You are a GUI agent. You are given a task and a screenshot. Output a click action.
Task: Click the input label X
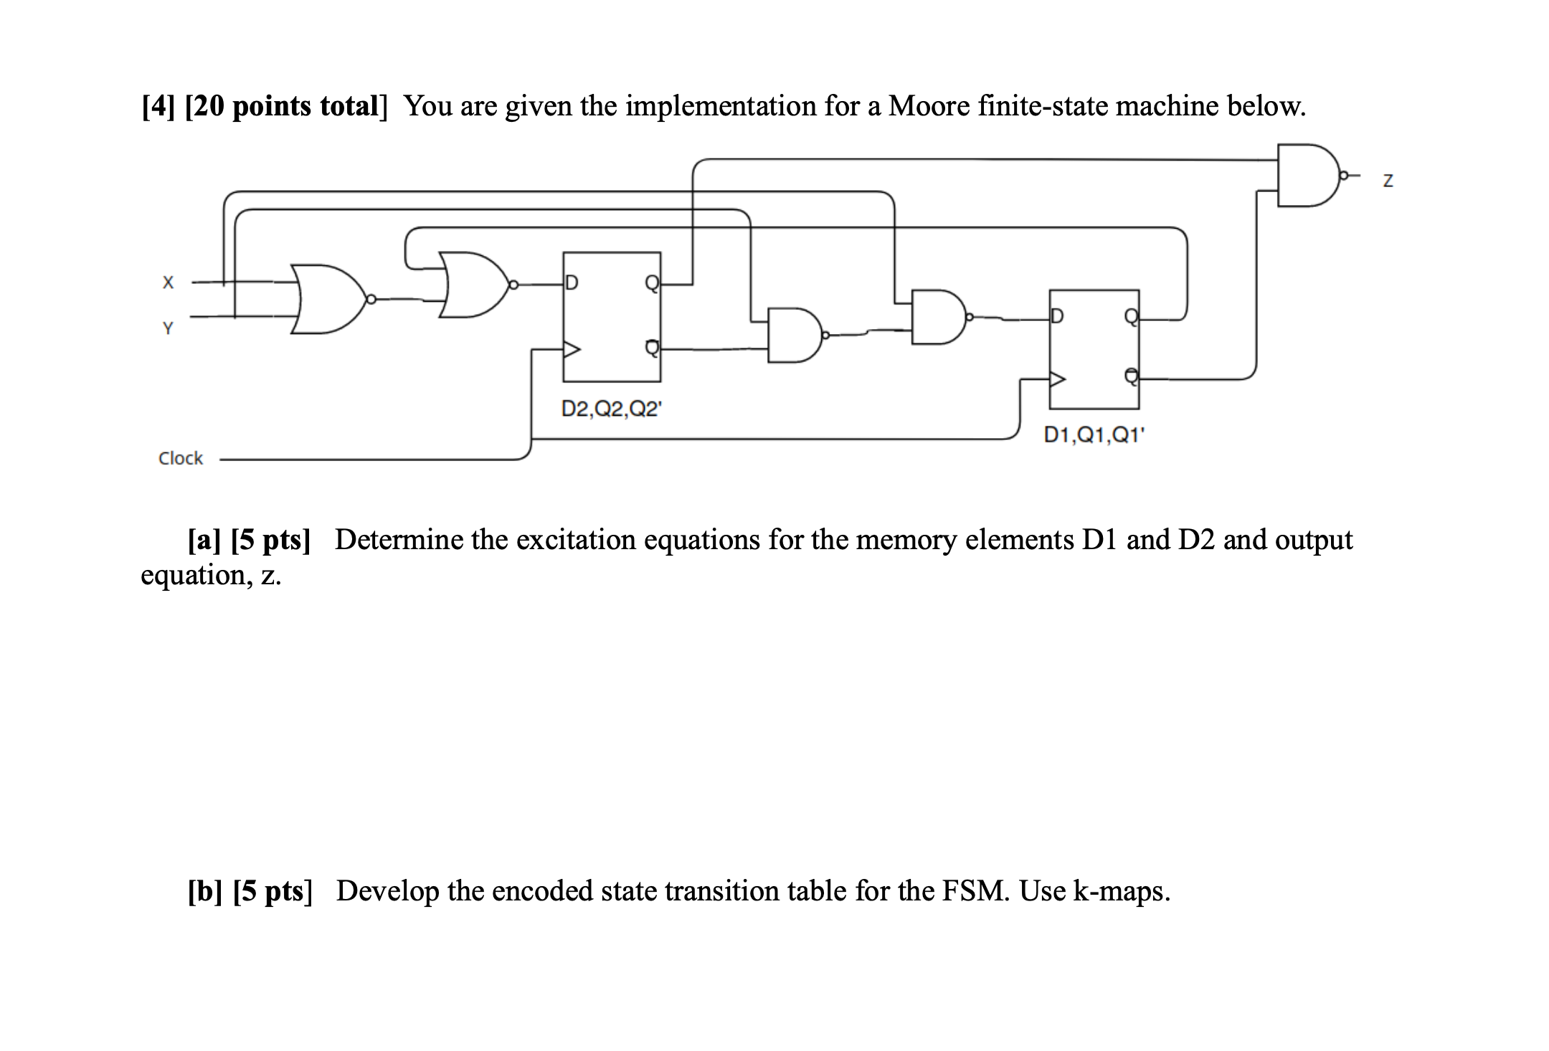[168, 282]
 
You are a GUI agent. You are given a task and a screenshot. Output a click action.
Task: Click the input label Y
[168, 329]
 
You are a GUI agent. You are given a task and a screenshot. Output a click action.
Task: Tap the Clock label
[181, 458]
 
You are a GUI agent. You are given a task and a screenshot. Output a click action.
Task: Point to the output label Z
[1388, 181]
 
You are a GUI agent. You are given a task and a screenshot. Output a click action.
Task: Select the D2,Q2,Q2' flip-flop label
[612, 409]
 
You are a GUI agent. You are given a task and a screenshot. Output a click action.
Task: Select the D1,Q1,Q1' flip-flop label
[1095, 435]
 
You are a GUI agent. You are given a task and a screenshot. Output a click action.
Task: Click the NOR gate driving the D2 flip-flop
[478, 285]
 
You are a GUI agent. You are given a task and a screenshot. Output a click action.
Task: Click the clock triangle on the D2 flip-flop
[572, 350]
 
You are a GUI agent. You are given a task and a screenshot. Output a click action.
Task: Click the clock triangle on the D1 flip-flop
[1058, 379]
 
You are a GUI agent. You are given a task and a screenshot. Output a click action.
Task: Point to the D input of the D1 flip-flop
[1058, 316]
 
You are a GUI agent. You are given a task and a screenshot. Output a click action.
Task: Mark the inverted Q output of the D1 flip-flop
[1130, 376]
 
